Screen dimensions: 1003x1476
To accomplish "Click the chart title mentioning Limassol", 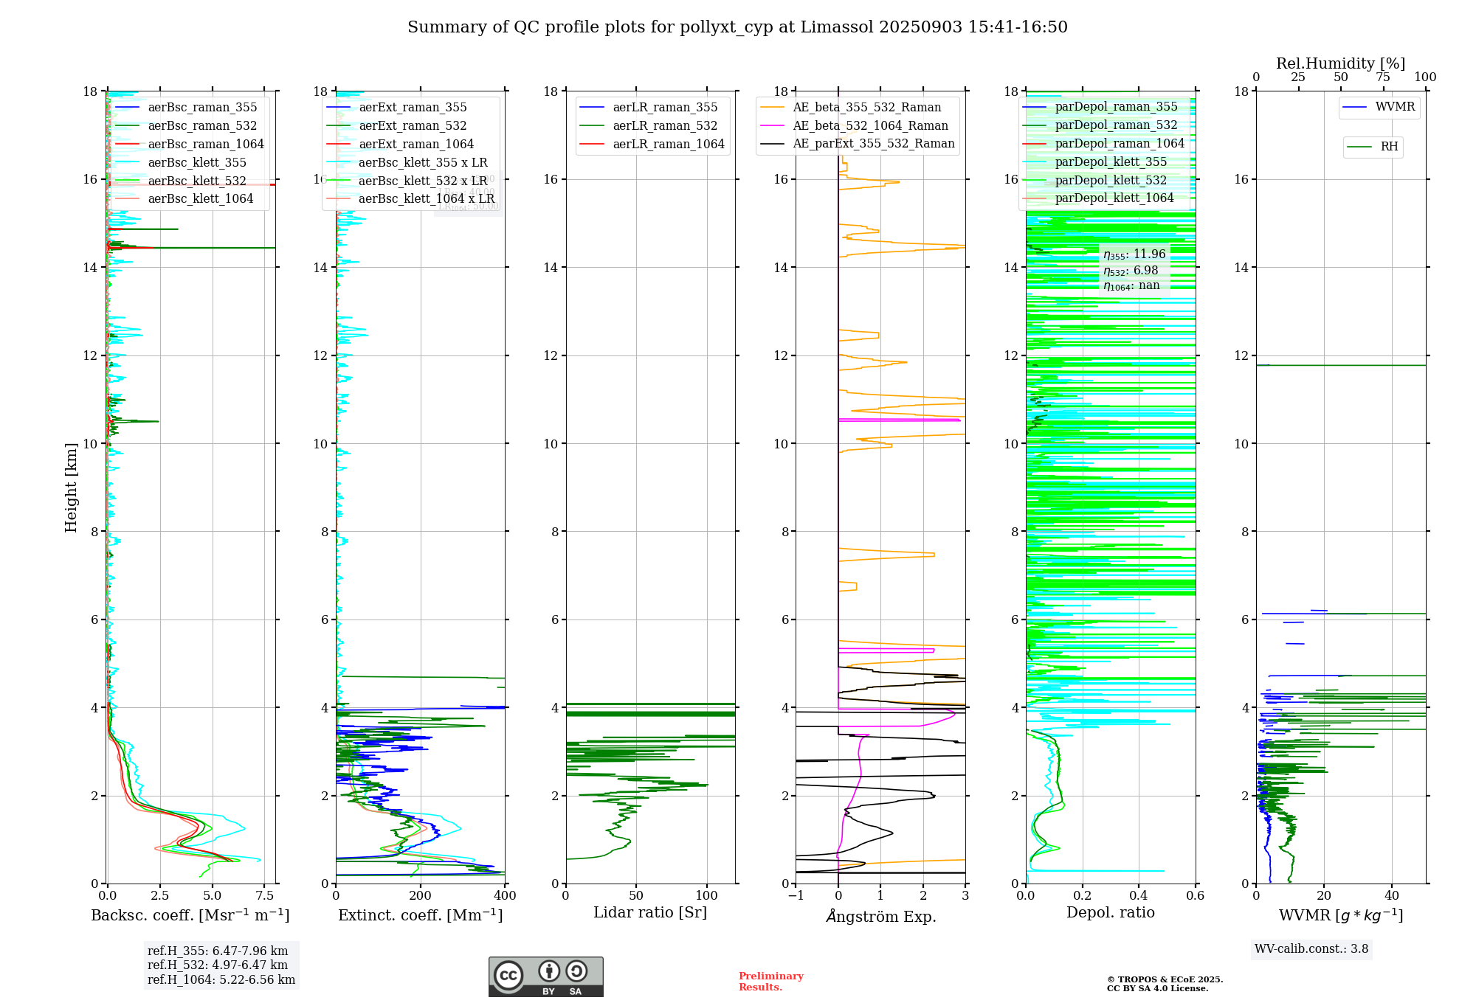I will [737, 27].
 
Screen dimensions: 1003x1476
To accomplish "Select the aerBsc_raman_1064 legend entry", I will [205, 145].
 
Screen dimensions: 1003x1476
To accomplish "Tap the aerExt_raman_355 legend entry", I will [413, 108].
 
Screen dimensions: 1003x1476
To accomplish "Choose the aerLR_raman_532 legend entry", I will [664, 126].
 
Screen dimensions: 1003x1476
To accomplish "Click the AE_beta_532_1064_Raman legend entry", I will [870, 126].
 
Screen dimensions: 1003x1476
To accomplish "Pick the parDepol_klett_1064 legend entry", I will [1114, 198].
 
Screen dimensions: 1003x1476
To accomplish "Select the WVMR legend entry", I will [1394, 107].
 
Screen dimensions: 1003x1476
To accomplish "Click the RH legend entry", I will [1388, 147].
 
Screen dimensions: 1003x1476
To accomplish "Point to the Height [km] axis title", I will [71, 487].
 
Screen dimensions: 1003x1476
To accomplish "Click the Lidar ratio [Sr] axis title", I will [650, 913].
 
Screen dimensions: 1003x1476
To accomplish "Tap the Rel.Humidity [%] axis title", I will [1340, 63].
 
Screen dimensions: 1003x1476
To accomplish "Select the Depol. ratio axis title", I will [1110, 913].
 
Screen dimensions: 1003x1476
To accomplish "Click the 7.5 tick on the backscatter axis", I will [265, 896].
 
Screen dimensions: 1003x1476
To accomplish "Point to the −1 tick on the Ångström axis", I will [795, 896].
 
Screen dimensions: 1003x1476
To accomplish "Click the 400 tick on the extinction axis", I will [506, 896].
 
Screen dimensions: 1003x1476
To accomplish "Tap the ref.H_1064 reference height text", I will [221, 980].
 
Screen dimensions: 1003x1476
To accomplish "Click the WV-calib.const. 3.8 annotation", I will [1311, 949].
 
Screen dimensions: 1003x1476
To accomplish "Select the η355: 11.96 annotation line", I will [1134, 254].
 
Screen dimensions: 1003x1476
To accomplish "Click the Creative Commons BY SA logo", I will [545, 977].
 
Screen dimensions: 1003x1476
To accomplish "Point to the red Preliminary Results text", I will [770, 982].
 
